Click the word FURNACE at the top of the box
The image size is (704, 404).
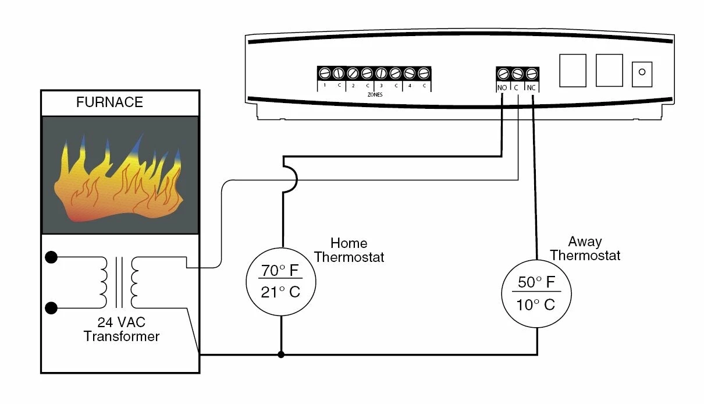[109, 102]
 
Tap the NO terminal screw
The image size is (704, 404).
[503, 74]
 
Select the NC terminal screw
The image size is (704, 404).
[531, 74]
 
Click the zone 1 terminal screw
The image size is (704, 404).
[325, 73]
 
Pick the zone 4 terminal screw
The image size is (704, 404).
[410, 73]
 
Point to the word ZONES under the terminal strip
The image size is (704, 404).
[375, 94]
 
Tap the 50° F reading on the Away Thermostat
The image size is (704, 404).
[536, 282]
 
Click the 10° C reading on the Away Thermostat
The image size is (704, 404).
[536, 304]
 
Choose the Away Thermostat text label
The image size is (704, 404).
[585, 249]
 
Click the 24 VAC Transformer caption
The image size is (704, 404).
[121, 329]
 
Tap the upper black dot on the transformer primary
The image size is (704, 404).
[51, 257]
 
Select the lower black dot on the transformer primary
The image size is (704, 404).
[51, 308]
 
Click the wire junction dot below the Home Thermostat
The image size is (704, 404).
[282, 354]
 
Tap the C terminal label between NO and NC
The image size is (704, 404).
[517, 87]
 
